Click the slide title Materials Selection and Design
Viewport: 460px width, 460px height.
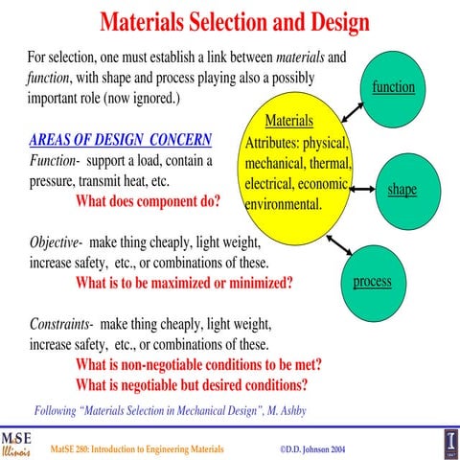235,20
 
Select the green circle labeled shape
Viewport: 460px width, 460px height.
402,189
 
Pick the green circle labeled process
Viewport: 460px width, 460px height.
373,281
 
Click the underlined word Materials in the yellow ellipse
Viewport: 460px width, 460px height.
288,122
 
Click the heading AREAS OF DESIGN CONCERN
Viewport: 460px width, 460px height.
121,141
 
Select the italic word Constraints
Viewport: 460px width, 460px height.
60,323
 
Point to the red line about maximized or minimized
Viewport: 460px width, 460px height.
184,283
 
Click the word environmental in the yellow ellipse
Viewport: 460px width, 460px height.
284,204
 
